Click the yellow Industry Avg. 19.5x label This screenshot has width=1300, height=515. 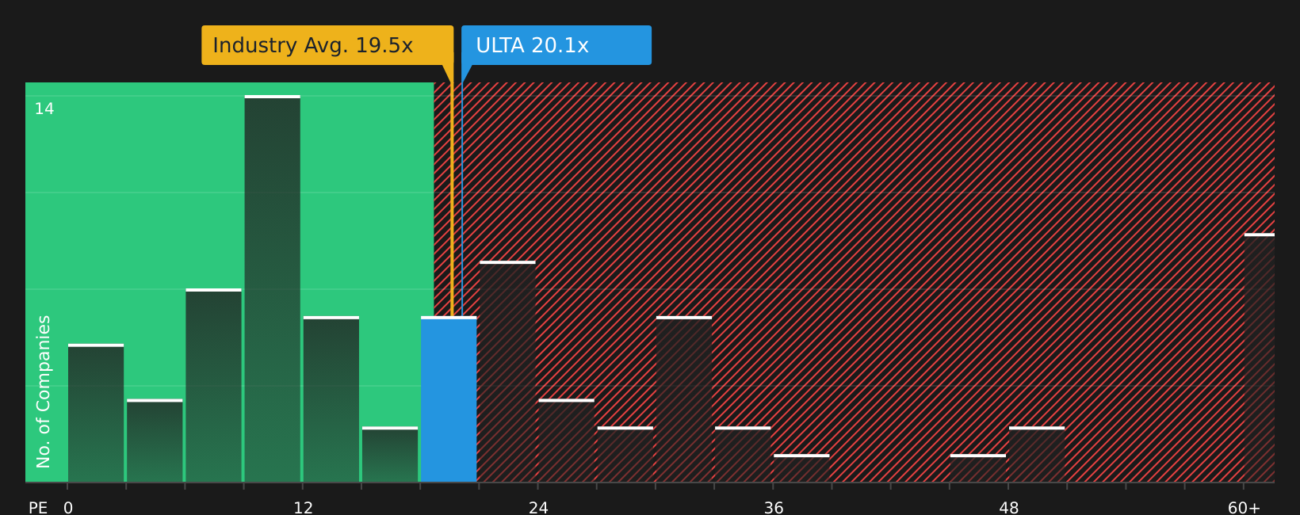tap(327, 45)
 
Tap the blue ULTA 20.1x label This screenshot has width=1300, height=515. tap(556, 45)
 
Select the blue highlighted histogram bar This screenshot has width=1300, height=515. tap(449, 400)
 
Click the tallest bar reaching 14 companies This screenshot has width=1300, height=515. tap(272, 289)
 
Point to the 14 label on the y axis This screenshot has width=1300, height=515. tap(44, 109)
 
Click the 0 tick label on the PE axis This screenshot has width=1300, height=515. tap(68, 508)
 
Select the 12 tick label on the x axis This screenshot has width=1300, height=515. tap(303, 508)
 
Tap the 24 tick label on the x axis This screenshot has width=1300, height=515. tap(538, 508)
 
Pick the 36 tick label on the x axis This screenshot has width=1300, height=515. tap(774, 508)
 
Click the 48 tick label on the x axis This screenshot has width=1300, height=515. tap(1008, 508)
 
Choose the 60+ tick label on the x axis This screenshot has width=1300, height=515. tap(1243, 508)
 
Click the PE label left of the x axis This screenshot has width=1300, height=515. tap(38, 508)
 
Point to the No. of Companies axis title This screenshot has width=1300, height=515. tap(44, 391)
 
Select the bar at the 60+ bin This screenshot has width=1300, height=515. tap(1259, 358)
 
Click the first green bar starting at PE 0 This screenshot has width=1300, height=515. tap(96, 414)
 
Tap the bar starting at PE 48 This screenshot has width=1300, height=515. tap(1037, 455)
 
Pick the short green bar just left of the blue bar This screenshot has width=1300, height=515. tap(390, 455)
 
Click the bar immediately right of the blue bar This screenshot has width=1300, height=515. tap(507, 372)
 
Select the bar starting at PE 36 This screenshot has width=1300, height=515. tap(801, 468)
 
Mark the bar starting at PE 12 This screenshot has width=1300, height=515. tap(331, 400)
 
